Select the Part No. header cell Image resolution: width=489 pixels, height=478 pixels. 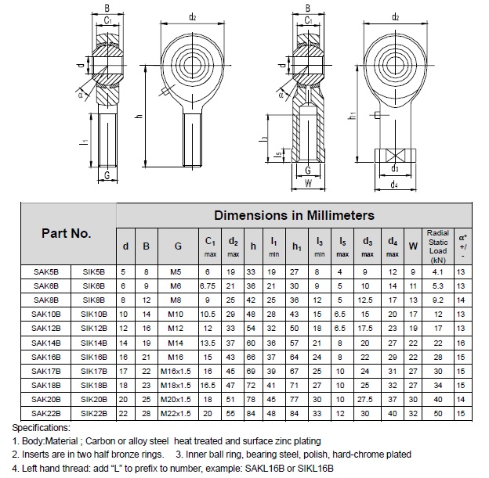[67, 233]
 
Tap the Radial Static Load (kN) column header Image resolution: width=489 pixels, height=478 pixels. [437, 245]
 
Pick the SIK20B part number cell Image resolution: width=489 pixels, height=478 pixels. [93, 398]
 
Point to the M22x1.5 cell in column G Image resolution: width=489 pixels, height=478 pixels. [178, 412]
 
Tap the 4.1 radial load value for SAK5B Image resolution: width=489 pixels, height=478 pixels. [437, 271]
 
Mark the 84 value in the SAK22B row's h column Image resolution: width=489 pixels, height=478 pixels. [252, 412]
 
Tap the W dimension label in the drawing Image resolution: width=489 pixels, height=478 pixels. [308, 185]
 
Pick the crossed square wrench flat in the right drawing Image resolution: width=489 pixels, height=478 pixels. [396, 155]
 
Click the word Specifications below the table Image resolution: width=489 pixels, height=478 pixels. [41, 429]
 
